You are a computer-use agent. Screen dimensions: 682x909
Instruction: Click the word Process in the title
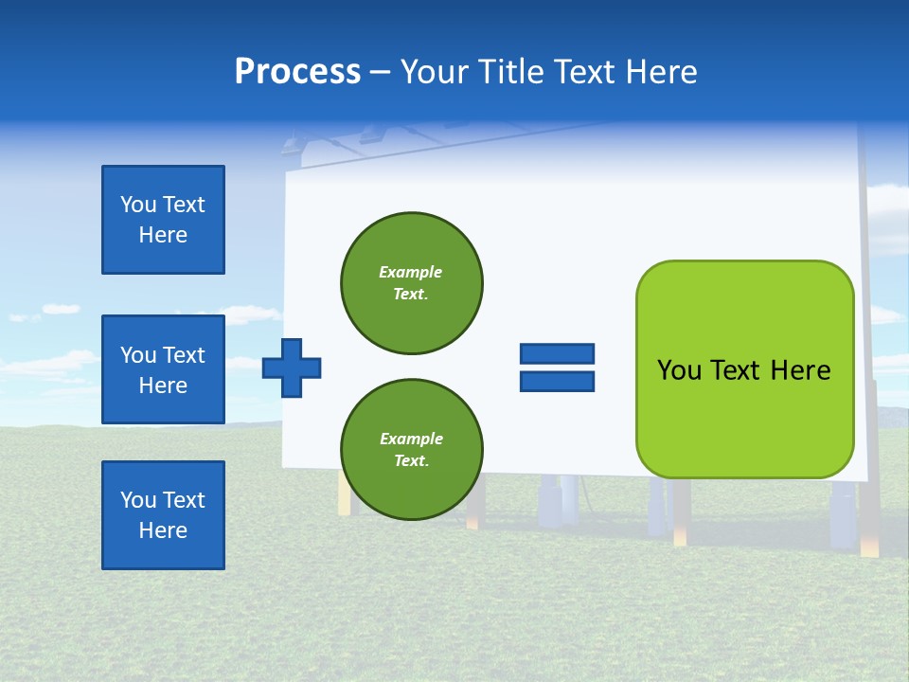(x=297, y=72)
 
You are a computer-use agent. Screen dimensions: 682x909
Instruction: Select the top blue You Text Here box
(x=163, y=220)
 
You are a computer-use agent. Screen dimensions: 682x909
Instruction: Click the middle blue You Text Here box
(x=163, y=369)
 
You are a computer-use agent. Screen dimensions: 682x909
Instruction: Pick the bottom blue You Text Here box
(x=163, y=515)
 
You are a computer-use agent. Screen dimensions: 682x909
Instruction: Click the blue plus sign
(x=292, y=368)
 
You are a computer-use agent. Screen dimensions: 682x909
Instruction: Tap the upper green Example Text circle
(x=411, y=282)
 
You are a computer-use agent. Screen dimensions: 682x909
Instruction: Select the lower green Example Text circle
(x=411, y=449)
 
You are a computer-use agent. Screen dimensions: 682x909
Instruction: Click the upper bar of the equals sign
(x=557, y=354)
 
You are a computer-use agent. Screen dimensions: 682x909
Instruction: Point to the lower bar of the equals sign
(x=557, y=382)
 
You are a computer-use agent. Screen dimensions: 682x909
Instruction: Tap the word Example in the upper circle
(x=411, y=272)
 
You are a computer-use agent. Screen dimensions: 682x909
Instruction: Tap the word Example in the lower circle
(x=411, y=439)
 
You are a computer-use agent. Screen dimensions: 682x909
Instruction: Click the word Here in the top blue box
(x=163, y=235)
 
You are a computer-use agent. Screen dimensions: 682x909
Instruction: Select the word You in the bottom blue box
(x=138, y=500)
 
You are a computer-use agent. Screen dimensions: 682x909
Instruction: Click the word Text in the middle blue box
(x=184, y=355)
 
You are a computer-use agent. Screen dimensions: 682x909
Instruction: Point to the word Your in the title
(x=435, y=72)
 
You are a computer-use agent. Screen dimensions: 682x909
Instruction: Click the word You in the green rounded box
(x=679, y=370)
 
